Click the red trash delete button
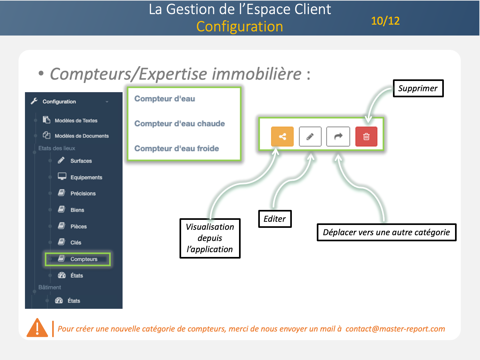click(x=366, y=137)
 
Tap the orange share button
click(x=282, y=137)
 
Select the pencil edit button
click(x=310, y=137)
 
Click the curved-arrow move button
click(x=338, y=137)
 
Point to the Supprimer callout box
click(x=418, y=88)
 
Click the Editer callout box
click(x=275, y=219)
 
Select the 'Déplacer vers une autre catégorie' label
click(x=386, y=232)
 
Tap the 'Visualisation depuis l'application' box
click(x=210, y=238)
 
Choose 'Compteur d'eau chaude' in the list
click(x=180, y=124)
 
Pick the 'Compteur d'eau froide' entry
click(x=177, y=148)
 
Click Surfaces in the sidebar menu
click(x=81, y=161)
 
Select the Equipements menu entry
click(x=86, y=177)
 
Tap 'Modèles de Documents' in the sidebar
click(x=82, y=136)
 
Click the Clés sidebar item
click(x=76, y=243)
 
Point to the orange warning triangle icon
click(x=37, y=328)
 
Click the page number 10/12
click(x=385, y=21)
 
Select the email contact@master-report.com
click(x=395, y=329)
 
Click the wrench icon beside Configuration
click(x=34, y=101)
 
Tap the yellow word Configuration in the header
click(x=240, y=27)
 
